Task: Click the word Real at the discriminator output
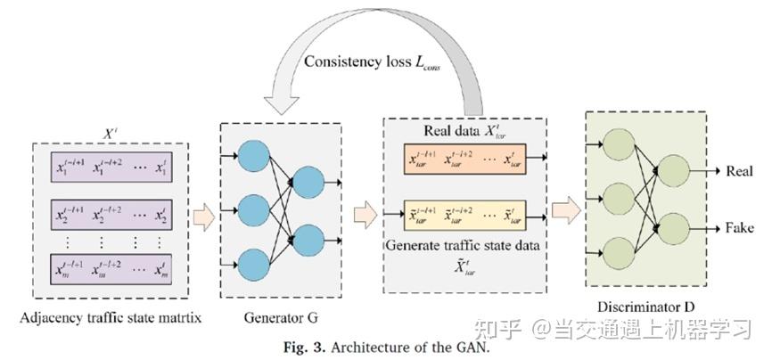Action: click(x=741, y=170)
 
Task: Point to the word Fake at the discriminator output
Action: click(x=741, y=226)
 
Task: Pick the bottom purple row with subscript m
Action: click(x=110, y=270)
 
